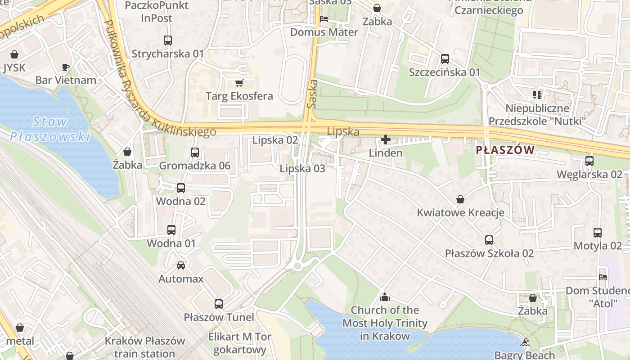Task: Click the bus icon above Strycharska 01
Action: [x=168, y=40]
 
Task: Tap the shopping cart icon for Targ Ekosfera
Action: [x=239, y=83]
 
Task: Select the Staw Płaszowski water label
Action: [x=50, y=129]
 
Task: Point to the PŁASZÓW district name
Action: [x=505, y=150]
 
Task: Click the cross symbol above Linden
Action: [x=386, y=140]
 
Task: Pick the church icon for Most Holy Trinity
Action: [x=384, y=297]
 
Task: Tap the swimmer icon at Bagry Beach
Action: [x=524, y=342]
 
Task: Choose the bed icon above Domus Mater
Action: [x=324, y=19]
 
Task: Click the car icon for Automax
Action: [x=180, y=265]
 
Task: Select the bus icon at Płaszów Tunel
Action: [x=219, y=304]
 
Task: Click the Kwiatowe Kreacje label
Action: [x=460, y=212]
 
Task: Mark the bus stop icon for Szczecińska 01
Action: [x=445, y=59]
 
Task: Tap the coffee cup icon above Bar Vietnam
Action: [x=66, y=67]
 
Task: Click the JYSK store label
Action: [x=14, y=67]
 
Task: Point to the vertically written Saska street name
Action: [x=311, y=94]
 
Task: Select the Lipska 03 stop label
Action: [x=302, y=169]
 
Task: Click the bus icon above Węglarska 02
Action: [x=589, y=161]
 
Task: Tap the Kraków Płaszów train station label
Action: [x=145, y=347]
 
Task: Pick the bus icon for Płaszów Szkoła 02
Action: [x=489, y=240]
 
